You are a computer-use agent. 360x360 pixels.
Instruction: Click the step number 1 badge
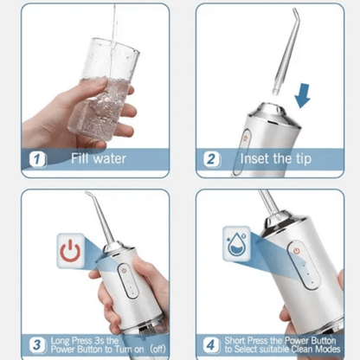[x=37, y=158]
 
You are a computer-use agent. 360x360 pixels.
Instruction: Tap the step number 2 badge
[x=211, y=158]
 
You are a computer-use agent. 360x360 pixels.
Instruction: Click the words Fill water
[x=98, y=158]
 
